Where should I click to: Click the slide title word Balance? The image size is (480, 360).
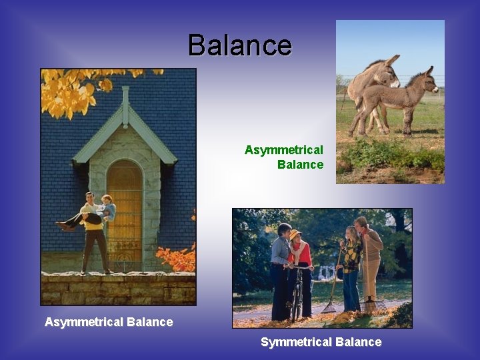pos(240,45)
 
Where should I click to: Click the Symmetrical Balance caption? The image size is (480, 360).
pos(321,342)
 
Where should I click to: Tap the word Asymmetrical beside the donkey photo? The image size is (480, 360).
pos(283,150)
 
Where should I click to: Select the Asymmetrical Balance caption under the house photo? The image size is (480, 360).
pos(109,322)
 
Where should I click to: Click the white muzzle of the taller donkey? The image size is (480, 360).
pos(395,82)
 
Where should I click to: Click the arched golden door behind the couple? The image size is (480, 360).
pos(125,213)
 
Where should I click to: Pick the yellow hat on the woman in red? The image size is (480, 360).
pos(295,233)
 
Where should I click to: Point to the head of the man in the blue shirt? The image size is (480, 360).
pos(284,230)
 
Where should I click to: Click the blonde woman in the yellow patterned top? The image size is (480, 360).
pos(351,257)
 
